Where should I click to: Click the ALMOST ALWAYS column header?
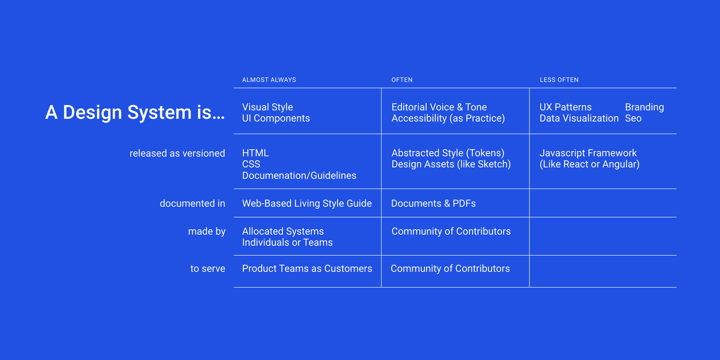[x=269, y=80]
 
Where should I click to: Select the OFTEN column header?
[x=402, y=80]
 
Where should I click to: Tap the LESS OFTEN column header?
[x=559, y=80]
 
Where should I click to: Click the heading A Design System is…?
[x=135, y=112]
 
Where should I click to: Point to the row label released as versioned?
[x=177, y=154]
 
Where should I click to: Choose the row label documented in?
[x=192, y=204]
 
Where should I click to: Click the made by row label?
[x=206, y=231]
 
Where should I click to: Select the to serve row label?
[x=207, y=269]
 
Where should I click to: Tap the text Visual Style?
[x=267, y=107]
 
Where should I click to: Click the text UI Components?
[x=276, y=119]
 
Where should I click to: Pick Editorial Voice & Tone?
[x=439, y=107]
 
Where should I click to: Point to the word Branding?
[x=644, y=107]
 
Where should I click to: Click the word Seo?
[x=633, y=119]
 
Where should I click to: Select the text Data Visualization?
[x=579, y=119]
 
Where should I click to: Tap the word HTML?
[x=255, y=153]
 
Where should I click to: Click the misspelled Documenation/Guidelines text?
[x=299, y=176]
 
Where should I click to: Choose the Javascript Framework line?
[x=588, y=153]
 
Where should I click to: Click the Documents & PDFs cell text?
[x=433, y=204]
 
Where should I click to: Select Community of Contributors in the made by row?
[x=451, y=231]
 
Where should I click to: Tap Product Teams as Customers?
[x=307, y=269]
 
